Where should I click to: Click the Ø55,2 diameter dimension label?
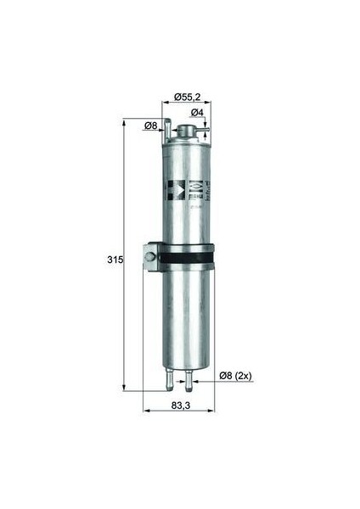[x=187, y=97]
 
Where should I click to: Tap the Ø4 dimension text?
[x=195, y=113]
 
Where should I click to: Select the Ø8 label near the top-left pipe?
[x=150, y=126]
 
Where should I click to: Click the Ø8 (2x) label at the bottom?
[x=235, y=375]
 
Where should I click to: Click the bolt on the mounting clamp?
[x=150, y=255]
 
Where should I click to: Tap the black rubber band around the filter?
[x=187, y=256]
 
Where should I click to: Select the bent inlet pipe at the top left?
[x=167, y=130]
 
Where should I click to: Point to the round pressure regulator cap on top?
[x=186, y=131]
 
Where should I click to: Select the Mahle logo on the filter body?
[x=197, y=187]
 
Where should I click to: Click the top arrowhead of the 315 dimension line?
[x=126, y=121]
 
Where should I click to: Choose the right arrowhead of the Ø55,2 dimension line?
[x=208, y=104]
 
